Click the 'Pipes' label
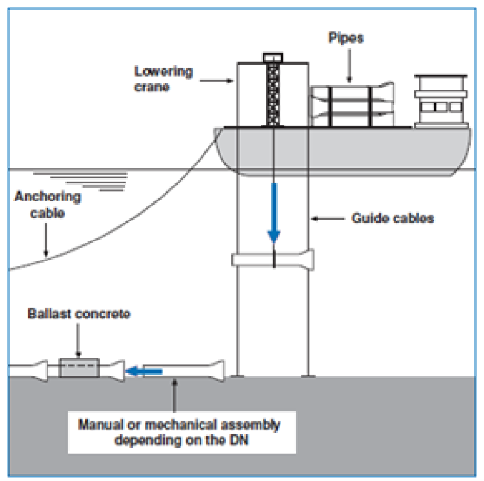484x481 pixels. [x=346, y=38]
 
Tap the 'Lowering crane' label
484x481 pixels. [x=163, y=79]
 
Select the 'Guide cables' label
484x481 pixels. [x=393, y=218]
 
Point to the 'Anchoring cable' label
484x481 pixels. [x=48, y=205]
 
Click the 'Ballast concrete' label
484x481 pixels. [x=79, y=313]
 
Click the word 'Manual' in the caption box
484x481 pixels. [x=100, y=425]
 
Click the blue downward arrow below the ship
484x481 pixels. [x=274, y=213]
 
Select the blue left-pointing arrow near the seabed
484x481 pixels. [x=144, y=371]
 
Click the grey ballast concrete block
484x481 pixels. [x=79, y=367]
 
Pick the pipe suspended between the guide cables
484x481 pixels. [x=273, y=260]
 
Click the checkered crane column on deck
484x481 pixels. [x=273, y=94]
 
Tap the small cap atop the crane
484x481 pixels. [x=273, y=57]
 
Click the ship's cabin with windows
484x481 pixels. [x=441, y=102]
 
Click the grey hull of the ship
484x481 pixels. [x=342, y=151]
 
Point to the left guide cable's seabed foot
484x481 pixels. [x=237, y=376]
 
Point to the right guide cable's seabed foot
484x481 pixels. [x=308, y=376]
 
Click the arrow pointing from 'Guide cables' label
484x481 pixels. [x=328, y=218]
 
